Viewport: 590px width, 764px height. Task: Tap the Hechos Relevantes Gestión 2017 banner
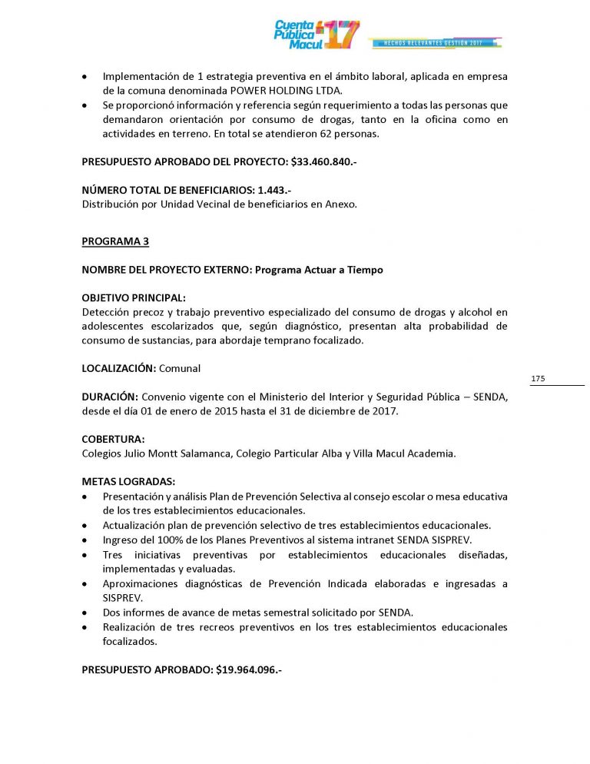coord(436,43)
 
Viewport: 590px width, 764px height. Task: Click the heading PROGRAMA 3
coord(115,241)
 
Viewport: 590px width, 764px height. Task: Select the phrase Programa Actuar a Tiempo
coord(319,270)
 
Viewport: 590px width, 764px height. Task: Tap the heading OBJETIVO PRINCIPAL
coord(134,297)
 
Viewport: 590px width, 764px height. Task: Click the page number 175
coord(538,379)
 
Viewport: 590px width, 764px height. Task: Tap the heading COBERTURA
coord(113,439)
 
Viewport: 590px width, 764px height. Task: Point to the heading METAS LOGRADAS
coord(128,482)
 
